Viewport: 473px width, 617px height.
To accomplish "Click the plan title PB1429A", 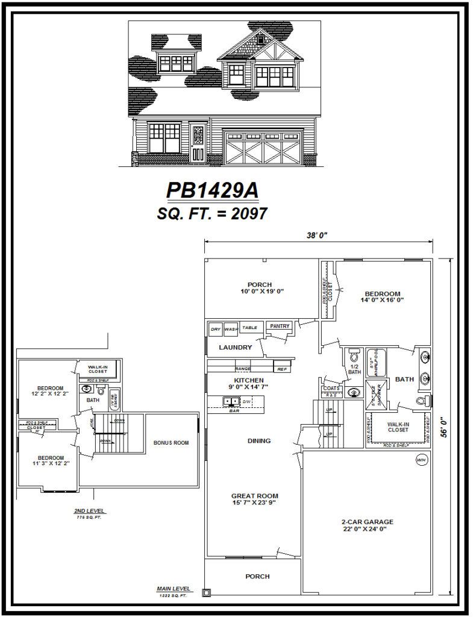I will [212, 190].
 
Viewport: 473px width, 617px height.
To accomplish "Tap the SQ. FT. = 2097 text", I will [212, 213].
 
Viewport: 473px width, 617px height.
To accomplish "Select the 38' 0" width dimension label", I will [316, 236].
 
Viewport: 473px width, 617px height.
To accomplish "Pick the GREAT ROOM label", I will [254, 496].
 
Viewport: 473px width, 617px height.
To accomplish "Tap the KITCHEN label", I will [249, 380].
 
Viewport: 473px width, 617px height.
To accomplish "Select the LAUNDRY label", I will [235, 347].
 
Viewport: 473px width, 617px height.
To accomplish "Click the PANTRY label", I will [280, 326].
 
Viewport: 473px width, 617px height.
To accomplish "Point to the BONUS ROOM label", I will [171, 443].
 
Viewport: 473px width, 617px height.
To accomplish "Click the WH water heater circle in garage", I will [421, 460].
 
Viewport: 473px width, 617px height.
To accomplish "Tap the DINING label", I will [259, 440].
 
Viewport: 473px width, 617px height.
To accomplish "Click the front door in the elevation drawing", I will [198, 143].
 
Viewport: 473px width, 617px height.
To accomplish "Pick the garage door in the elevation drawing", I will [262, 148].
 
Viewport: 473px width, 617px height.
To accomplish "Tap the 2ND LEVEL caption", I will [89, 510].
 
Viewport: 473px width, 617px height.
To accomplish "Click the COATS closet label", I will [331, 388].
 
